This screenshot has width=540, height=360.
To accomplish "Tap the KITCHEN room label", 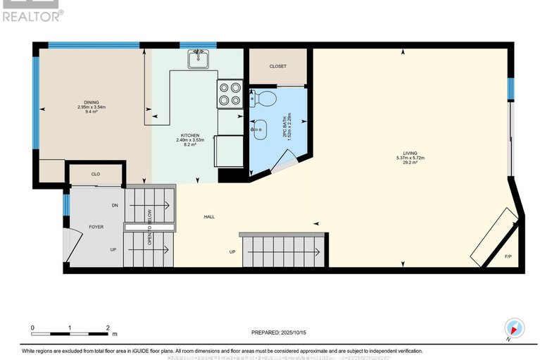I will click(189, 135).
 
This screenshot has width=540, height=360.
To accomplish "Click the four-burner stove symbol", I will click(230, 94).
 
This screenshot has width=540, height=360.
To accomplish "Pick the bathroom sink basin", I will click(259, 129).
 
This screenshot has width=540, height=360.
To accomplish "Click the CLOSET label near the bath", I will click(277, 66).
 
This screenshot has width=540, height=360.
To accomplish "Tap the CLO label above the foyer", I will click(96, 173).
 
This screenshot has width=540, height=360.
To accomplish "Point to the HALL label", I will click(208, 216).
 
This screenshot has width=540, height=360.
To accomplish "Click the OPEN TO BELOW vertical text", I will click(150, 227).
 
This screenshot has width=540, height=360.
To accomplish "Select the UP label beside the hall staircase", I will click(232, 252).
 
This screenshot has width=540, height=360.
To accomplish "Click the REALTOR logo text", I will click(32, 13).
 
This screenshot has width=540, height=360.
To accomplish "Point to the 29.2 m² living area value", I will click(409, 163).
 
